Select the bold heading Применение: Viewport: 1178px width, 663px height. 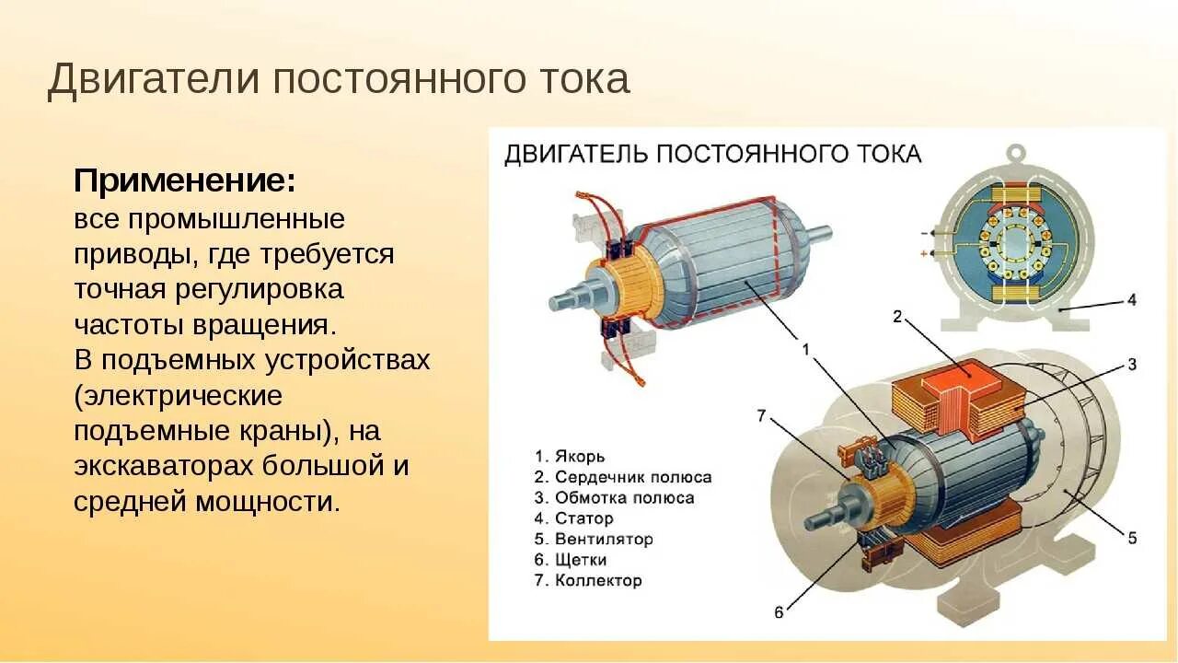(x=184, y=181)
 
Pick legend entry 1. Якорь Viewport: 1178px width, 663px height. (x=570, y=457)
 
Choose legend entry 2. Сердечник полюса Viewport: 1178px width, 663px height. (x=623, y=477)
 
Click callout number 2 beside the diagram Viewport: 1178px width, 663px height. (x=897, y=317)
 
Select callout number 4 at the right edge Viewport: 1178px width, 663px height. (x=1132, y=300)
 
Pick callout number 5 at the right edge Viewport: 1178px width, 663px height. (x=1132, y=537)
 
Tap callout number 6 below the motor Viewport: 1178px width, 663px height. (x=779, y=611)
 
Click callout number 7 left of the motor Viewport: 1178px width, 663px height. (x=762, y=415)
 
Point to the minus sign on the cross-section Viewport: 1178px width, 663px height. (x=921, y=233)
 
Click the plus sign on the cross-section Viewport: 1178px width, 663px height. (x=921, y=252)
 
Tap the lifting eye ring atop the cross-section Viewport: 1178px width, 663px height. (x=1015, y=153)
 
